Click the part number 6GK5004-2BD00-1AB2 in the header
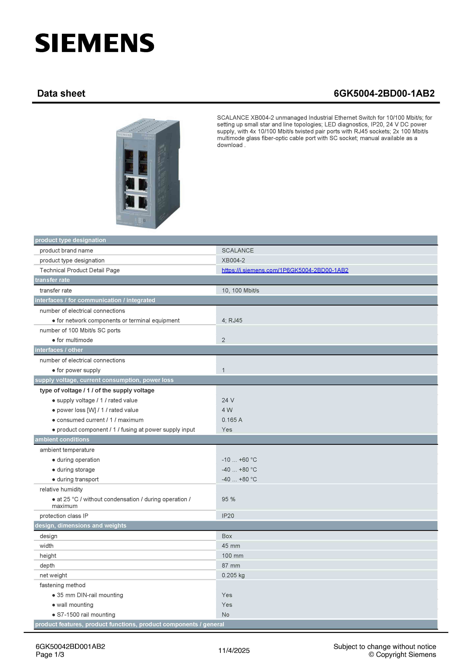click(384, 93)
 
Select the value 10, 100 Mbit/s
click(240, 290)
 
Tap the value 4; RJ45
click(232, 320)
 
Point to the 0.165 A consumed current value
click(232, 420)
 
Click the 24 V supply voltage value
click(228, 400)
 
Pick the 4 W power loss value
click(227, 410)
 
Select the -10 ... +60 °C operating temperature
click(239, 460)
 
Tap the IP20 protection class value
click(228, 516)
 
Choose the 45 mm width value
click(231, 546)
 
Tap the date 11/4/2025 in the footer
click(234, 651)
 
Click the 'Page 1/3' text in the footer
click(50, 655)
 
